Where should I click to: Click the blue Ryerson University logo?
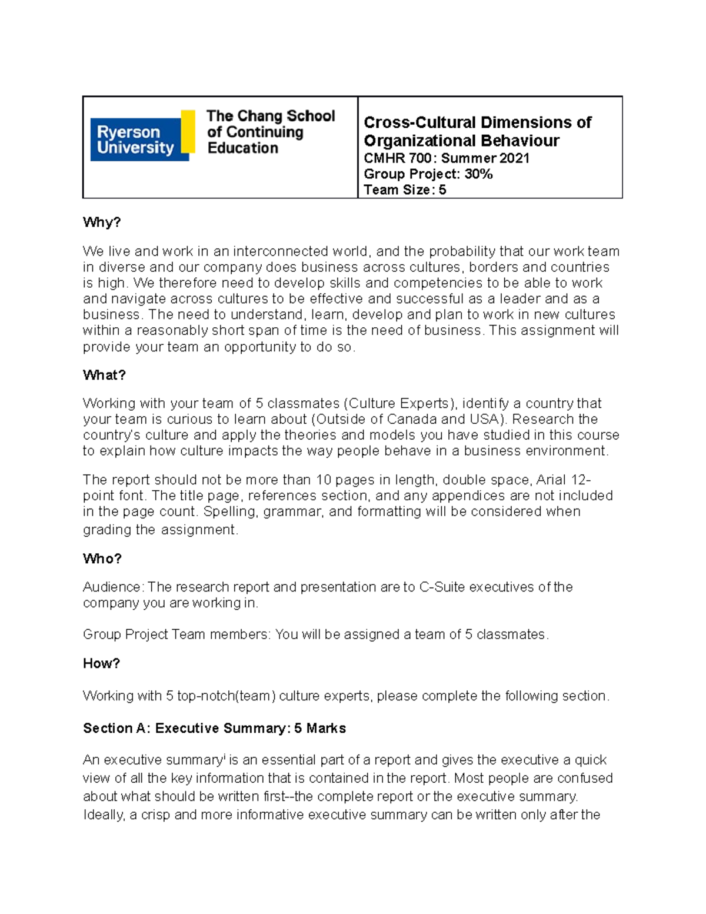[135, 139]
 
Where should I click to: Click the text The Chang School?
[270, 116]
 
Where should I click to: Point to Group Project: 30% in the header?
[428, 174]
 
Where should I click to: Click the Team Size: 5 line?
[405, 190]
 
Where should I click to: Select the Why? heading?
[101, 222]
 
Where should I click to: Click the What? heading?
[104, 375]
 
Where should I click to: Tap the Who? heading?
[102, 559]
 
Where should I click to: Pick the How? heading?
[101, 664]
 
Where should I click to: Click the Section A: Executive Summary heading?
[214, 729]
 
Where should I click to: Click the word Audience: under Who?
[113, 587]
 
